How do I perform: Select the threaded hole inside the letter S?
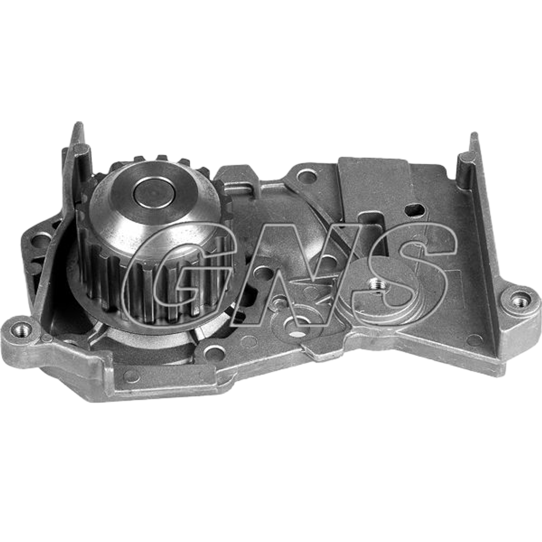[375, 286]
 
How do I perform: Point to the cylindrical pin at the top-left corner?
[82, 156]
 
